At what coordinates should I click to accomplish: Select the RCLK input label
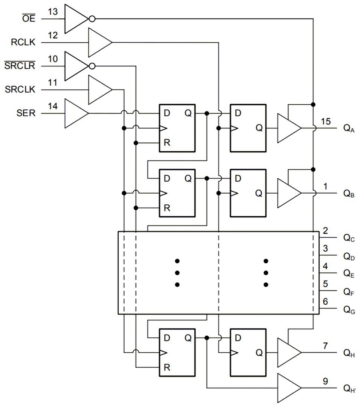(23, 42)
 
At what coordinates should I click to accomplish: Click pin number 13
(53, 12)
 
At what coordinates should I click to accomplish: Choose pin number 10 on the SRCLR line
(53, 60)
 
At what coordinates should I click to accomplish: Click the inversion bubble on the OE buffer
(92, 18)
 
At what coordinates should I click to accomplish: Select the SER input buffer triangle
(75, 113)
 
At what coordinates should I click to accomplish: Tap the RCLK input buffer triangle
(99, 42)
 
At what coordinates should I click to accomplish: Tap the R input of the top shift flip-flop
(167, 143)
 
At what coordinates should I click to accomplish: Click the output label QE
(349, 273)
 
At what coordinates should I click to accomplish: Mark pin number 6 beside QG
(325, 302)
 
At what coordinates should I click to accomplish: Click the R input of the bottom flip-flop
(167, 367)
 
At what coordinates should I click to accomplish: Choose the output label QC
(349, 238)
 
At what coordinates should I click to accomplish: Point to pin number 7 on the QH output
(325, 346)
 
